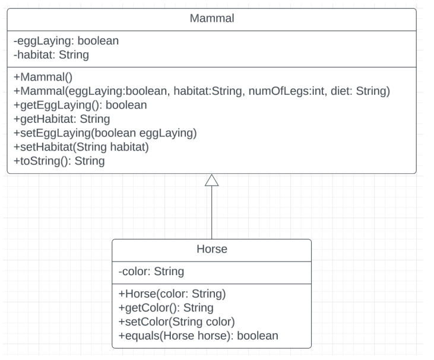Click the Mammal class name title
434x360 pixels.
pyautogui.click(x=211, y=18)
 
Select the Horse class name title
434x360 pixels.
pyautogui.click(x=211, y=249)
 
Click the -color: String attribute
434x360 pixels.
pyautogui.click(x=151, y=272)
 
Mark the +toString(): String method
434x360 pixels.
pyautogui.click(x=59, y=160)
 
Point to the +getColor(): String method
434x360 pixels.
pyautogui.click(x=166, y=308)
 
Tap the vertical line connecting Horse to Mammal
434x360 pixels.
pyautogui.click(x=211, y=214)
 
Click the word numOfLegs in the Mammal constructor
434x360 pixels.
pyautogui.click(x=282, y=91)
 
